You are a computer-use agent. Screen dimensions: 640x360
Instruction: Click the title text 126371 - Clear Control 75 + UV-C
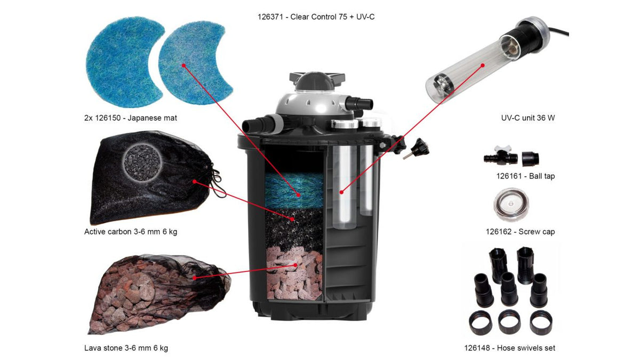point(316,17)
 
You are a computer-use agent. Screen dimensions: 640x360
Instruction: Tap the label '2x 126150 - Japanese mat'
point(131,118)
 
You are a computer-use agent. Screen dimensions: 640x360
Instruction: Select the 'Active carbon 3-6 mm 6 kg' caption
point(131,231)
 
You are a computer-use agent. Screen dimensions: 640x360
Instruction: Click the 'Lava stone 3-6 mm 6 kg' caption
point(126,348)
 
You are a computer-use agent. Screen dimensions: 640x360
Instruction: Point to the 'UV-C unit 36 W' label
point(528,118)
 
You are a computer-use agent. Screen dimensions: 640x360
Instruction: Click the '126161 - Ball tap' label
point(526,176)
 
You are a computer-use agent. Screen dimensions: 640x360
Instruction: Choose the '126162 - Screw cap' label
point(521,231)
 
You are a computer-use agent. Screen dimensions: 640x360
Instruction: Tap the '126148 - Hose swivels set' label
point(510,348)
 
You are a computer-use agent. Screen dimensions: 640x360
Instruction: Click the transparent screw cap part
point(511,204)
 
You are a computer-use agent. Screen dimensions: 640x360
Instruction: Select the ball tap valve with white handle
point(501,156)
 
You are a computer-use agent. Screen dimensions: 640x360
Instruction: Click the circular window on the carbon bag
point(142,163)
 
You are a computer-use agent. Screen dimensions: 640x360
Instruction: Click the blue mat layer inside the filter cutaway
point(294,190)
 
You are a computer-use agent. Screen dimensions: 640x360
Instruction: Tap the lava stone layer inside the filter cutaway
point(294,274)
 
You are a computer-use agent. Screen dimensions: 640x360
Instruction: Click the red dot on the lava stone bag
point(195,277)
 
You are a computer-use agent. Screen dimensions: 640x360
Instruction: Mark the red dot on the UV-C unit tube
point(483,66)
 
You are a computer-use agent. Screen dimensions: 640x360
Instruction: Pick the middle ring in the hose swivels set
point(509,322)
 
